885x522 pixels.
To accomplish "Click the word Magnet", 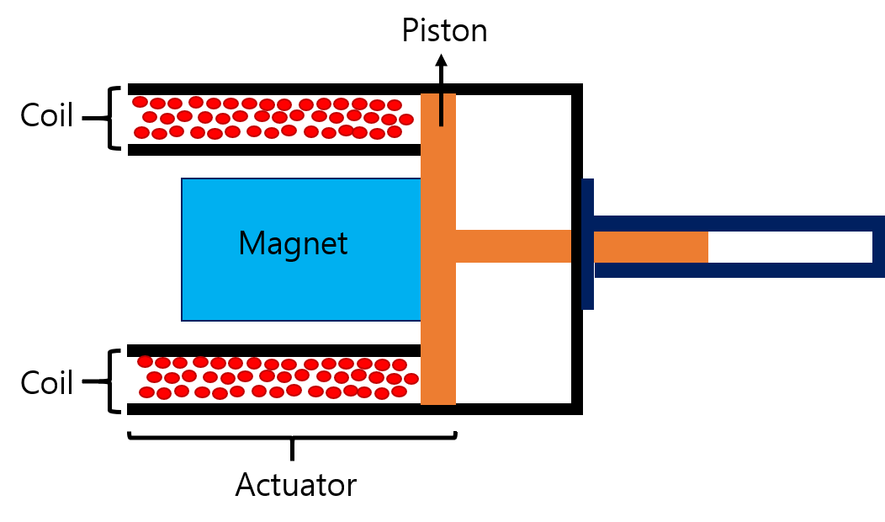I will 293,244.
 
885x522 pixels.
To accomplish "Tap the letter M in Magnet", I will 250,244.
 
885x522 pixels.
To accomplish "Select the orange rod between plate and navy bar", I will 513,246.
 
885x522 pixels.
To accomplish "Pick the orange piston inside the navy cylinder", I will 650,247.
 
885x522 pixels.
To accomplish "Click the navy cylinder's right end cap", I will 878,247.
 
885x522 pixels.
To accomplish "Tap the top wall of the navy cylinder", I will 732,223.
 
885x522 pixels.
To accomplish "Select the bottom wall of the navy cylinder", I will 732,270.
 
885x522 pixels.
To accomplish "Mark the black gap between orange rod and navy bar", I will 576,246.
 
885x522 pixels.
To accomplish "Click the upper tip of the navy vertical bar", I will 587,183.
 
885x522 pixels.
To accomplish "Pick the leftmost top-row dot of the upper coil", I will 140,102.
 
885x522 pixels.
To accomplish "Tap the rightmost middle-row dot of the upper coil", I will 406,120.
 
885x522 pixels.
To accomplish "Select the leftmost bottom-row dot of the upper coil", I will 141,132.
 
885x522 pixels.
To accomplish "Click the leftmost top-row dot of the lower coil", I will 145,361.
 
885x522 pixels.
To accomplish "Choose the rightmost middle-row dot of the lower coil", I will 411,379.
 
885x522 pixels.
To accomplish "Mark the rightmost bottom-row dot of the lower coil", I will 399,391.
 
